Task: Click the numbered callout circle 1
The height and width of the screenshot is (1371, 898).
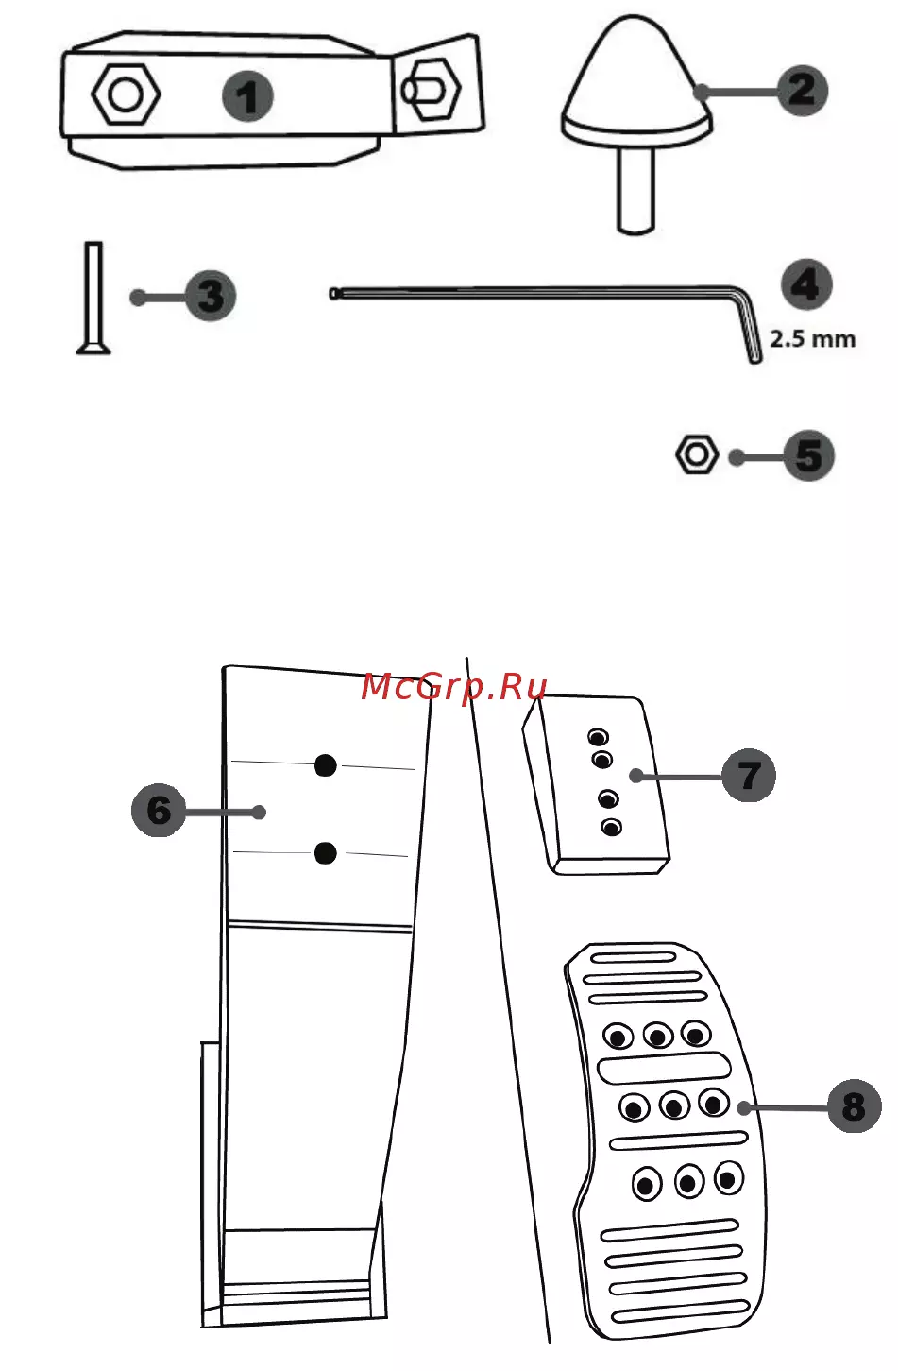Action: pos(247,95)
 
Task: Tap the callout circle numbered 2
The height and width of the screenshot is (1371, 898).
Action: pos(803,91)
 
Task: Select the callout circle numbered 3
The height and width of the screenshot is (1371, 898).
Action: pos(211,296)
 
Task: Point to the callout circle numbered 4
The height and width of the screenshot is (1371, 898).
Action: pos(806,284)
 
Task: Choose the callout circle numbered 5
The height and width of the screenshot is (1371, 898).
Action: pos(809,455)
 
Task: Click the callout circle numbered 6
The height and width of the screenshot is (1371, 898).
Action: pos(159,810)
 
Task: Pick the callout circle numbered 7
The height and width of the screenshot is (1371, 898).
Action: pos(749,776)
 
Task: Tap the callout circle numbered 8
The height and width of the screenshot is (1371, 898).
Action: pos(854,1106)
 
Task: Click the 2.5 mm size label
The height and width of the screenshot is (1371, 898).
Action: pos(812,339)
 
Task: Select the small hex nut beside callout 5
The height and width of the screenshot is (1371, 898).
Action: pos(697,454)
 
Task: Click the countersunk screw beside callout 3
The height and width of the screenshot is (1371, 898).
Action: pos(93,298)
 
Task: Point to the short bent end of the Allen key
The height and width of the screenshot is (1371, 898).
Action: pos(749,328)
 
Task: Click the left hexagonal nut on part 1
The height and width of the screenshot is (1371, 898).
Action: pos(126,94)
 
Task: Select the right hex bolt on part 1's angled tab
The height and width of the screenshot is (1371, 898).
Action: pos(431,90)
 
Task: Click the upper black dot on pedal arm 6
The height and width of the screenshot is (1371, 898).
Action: pos(326,765)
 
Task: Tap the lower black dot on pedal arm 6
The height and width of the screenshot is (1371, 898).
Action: pos(326,853)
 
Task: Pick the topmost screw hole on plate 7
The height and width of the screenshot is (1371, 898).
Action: pos(598,736)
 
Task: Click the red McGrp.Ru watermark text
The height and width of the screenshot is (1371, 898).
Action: pos(453,687)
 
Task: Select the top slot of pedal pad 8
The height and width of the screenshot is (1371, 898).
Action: pos(633,957)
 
